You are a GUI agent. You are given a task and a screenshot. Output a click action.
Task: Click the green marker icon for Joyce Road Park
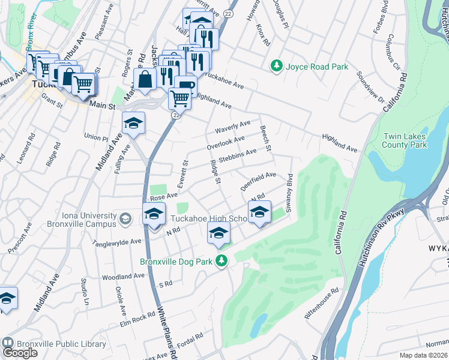[x=277, y=66]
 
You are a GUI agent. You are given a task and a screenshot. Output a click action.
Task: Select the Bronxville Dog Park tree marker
[x=222, y=261]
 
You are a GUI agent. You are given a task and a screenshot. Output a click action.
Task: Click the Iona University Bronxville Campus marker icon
[x=124, y=220]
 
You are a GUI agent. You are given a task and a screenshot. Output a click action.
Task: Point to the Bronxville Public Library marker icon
[x=8, y=344]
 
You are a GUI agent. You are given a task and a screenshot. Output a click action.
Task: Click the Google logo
[x=20, y=353]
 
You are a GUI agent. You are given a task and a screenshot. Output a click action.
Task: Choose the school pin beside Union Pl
[x=133, y=124]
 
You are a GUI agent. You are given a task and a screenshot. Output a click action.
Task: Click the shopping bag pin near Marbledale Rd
[x=145, y=79]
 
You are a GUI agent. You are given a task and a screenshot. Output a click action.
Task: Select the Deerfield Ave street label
[x=258, y=180]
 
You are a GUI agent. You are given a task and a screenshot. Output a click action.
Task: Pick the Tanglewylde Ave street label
[x=116, y=242]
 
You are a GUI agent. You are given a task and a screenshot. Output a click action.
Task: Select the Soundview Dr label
[x=370, y=85]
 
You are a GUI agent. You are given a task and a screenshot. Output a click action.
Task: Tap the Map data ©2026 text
[x=423, y=355]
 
